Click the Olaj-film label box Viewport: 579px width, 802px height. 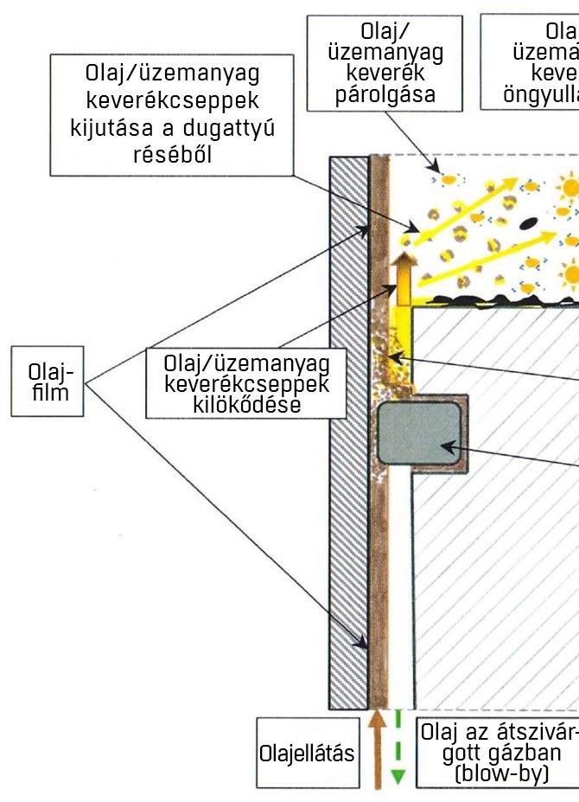(x=48, y=382)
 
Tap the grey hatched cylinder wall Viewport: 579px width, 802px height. (x=348, y=433)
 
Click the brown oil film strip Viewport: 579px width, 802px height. (x=377, y=519)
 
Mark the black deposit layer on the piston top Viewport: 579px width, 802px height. (x=493, y=300)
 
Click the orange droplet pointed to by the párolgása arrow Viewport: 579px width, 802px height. (x=448, y=178)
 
